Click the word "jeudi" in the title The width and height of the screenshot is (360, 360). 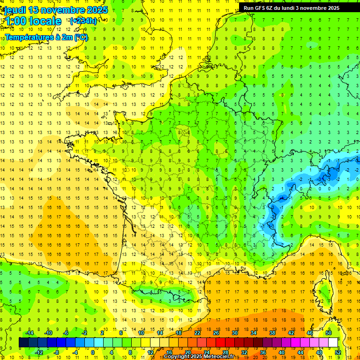pos(14,10)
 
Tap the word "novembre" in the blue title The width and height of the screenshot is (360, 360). pos(65,10)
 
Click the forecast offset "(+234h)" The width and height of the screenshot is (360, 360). pos(83,21)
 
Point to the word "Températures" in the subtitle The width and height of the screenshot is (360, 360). pos(26,37)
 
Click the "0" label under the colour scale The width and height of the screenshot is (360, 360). pos(93,352)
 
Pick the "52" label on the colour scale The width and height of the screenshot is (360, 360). pos(338,352)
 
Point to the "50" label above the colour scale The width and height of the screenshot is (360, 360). pos(329,333)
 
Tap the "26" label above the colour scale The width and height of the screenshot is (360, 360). pos(216,333)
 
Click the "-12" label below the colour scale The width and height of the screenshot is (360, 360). pos(38,352)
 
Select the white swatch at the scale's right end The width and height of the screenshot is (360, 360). pos(333,343)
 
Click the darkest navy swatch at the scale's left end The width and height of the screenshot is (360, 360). pos(23,343)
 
